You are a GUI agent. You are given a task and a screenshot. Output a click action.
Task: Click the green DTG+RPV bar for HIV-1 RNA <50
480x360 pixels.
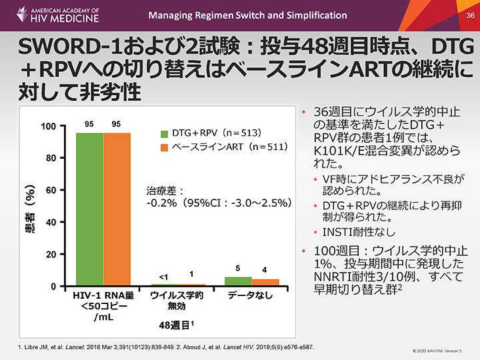pyautogui.click(x=89, y=209)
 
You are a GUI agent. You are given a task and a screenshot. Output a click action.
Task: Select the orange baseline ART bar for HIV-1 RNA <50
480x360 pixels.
pyautogui.click(x=117, y=209)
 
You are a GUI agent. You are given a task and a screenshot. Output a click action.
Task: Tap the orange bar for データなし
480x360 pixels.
pyautogui.click(x=265, y=283)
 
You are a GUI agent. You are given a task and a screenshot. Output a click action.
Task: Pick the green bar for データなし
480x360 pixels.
pyautogui.click(x=238, y=281)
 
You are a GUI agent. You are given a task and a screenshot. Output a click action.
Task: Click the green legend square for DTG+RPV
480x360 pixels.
pyautogui.click(x=165, y=132)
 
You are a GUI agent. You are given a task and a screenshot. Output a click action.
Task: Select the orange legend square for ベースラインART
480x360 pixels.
pyautogui.click(x=165, y=146)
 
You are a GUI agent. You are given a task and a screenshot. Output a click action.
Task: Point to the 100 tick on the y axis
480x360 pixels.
pyautogui.click(x=49, y=127)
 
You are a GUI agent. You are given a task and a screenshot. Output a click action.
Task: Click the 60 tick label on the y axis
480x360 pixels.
pyautogui.click(x=51, y=191)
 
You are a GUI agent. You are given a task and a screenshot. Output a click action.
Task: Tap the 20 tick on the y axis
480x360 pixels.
pyautogui.click(x=51, y=255)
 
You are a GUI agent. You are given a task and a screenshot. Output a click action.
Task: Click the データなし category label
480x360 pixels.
pyautogui.click(x=250, y=295)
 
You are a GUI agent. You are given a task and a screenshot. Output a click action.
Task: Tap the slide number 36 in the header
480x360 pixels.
pyautogui.click(x=469, y=15)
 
